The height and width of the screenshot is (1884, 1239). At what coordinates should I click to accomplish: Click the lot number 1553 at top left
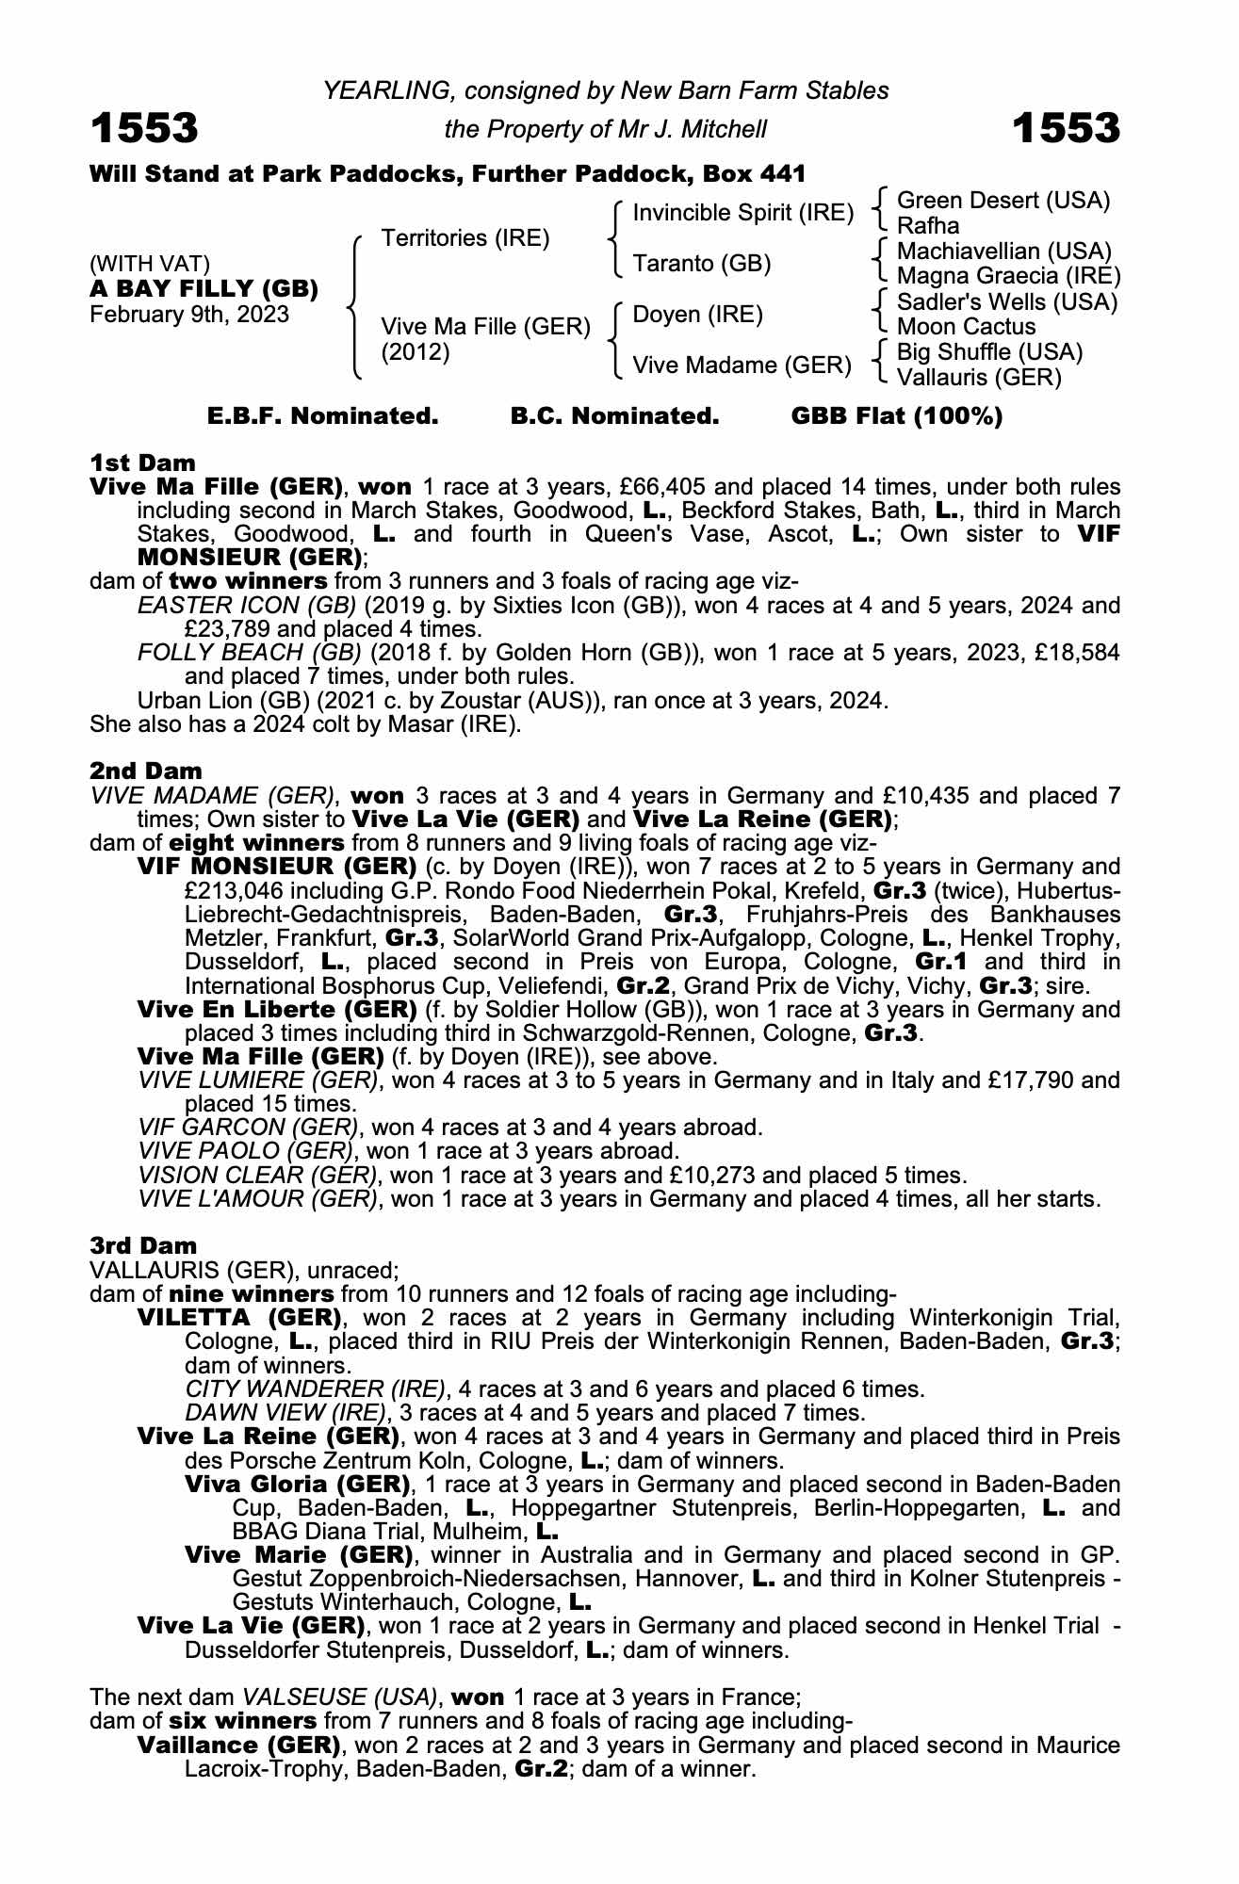[x=144, y=128]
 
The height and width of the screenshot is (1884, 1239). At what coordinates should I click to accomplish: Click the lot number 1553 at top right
[x=1066, y=128]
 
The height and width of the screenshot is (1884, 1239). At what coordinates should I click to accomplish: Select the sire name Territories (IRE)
[x=465, y=237]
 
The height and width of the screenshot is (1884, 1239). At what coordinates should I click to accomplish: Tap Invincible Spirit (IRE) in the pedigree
[x=742, y=213]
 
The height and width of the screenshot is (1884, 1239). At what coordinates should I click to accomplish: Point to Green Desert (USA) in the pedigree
[x=1003, y=200]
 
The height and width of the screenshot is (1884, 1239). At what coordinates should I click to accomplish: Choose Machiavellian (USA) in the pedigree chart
[x=1003, y=252]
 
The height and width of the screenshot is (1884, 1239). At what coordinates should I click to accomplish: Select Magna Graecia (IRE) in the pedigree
[x=1008, y=276]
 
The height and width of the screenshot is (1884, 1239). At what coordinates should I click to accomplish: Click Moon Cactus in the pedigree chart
[x=966, y=327]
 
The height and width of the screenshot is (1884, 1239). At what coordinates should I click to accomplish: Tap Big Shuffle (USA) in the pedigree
[x=989, y=352]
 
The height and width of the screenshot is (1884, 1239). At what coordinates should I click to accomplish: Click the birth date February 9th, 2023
[x=189, y=314]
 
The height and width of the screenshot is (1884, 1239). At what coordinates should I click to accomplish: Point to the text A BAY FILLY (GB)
[x=204, y=288]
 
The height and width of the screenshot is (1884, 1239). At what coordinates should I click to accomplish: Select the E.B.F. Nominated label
[x=323, y=416]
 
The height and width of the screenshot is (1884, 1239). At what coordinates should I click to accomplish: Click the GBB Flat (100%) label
[x=896, y=416]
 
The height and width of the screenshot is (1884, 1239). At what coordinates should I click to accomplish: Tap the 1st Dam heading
[x=142, y=463]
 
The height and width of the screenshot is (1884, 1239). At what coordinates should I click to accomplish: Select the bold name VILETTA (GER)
[x=239, y=1317]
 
